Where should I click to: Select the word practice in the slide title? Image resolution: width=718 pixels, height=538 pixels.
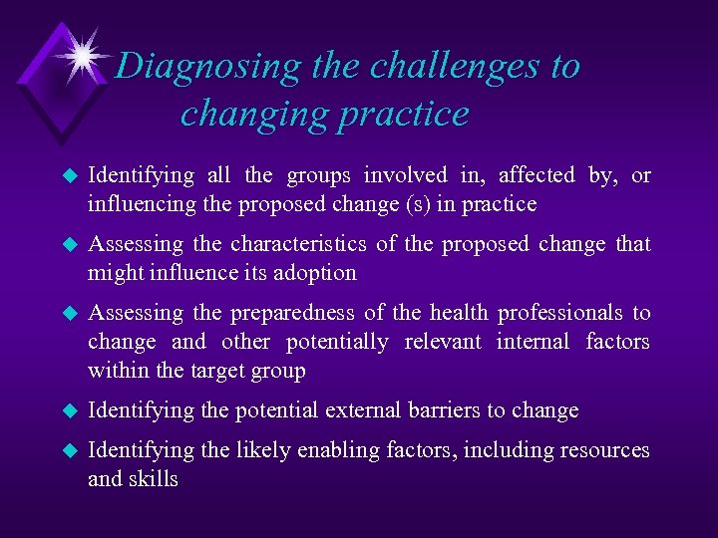tap(403, 114)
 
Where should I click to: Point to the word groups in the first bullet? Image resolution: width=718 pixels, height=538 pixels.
tap(318, 175)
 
